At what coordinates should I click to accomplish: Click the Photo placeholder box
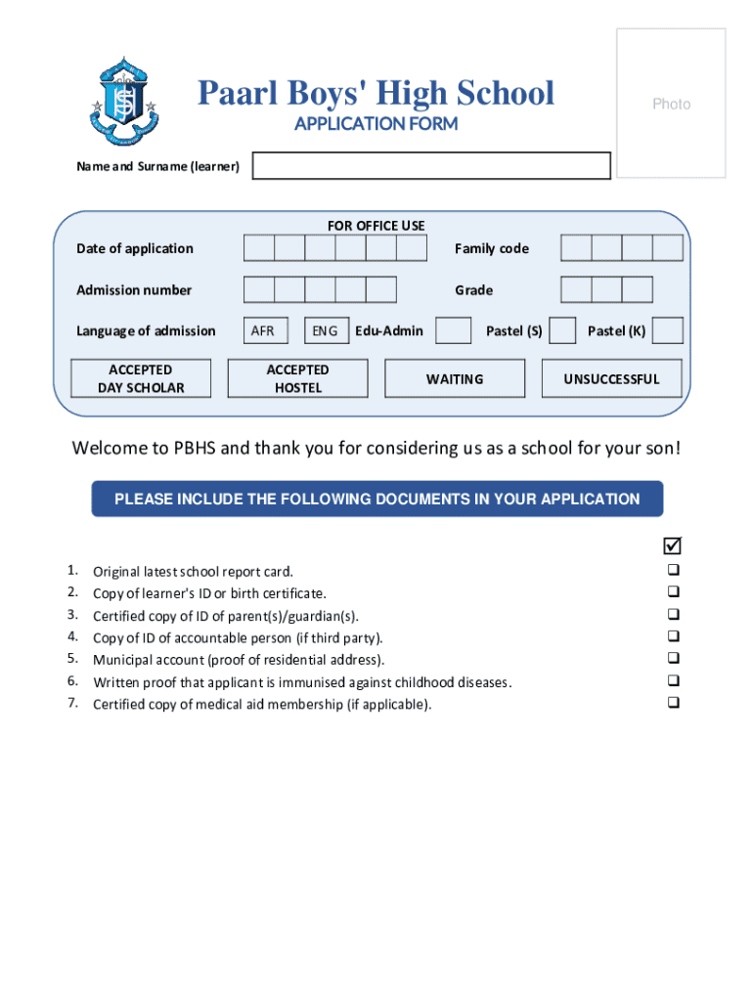(x=671, y=103)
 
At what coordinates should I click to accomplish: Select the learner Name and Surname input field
(x=431, y=166)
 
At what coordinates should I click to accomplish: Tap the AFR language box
(x=263, y=330)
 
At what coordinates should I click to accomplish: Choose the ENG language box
(x=326, y=330)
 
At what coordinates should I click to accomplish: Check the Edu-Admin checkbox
(x=453, y=330)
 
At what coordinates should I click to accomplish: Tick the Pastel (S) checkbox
(x=562, y=330)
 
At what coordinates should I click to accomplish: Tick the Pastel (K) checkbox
(x=667, y=330)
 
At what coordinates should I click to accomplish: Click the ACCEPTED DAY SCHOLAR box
(x=141, y=378)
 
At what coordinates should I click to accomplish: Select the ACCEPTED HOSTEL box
(x=297, y=378)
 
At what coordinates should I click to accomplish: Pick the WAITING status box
(x=454, y=378)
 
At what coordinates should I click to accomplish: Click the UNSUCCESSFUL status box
(x=611, y=378)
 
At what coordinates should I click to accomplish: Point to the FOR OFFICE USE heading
(x=376, y=226)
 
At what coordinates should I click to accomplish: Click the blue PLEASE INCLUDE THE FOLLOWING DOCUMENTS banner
(x=376, y=499)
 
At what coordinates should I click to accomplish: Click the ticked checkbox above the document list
(x=673, y=544)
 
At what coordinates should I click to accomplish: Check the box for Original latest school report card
(x=673, y=570)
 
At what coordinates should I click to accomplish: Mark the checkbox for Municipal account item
(x=673, y=659)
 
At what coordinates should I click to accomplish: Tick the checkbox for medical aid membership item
(x=673, y=703)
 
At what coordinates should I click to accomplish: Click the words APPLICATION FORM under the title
(x=376, y=124)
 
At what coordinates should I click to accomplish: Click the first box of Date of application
(x=259, y=248)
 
